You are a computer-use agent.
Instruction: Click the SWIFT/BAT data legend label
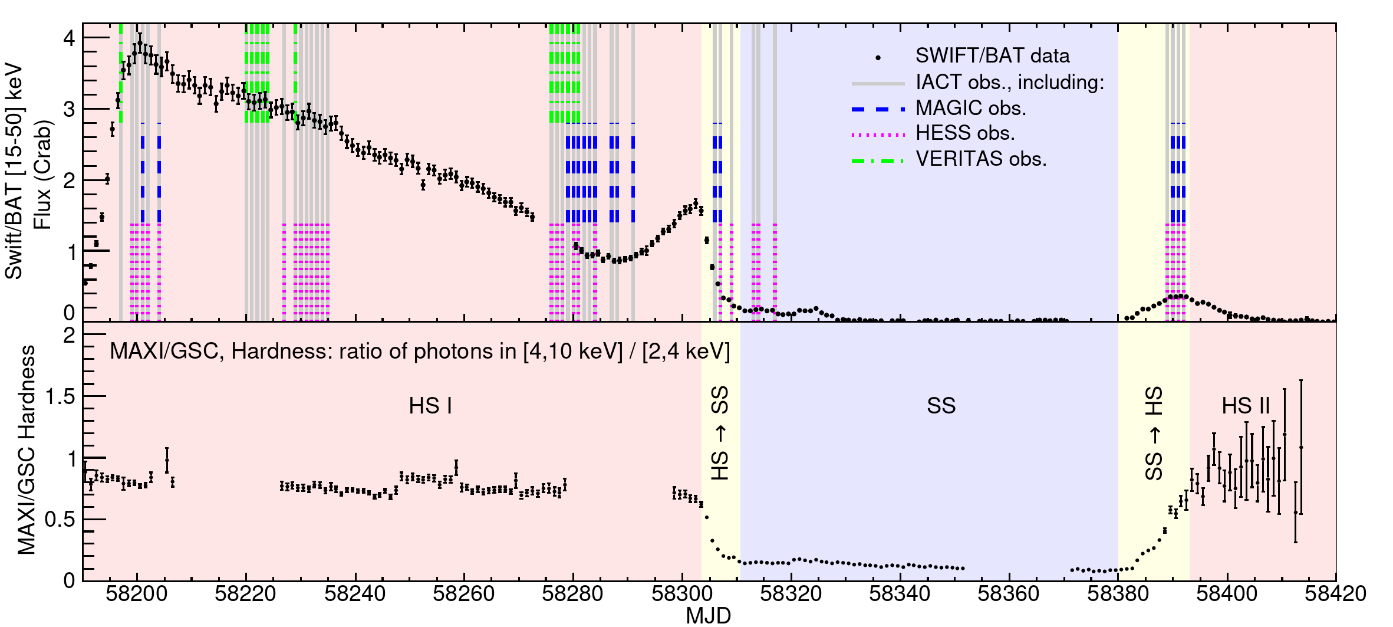992,56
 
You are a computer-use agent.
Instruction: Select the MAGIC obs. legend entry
970,109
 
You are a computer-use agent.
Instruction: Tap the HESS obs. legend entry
965,134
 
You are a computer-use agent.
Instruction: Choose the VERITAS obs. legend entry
981,159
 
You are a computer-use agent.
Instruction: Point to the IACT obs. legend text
1010,83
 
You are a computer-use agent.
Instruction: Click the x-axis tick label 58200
136,594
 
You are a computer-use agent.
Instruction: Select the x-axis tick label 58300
681,594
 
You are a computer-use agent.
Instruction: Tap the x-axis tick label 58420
1335,594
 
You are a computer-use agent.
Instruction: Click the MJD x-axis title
708,616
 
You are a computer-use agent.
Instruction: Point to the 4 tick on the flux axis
70,39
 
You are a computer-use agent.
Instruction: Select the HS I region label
430,406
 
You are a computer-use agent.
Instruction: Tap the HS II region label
1245,406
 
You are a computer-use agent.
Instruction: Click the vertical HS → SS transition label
720,433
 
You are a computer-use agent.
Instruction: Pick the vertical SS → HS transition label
1154,433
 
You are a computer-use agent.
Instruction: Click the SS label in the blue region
941,406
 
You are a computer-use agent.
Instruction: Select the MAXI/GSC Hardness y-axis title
27,449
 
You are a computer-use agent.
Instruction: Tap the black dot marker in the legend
878,58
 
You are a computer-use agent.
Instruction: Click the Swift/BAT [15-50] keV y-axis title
14,171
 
